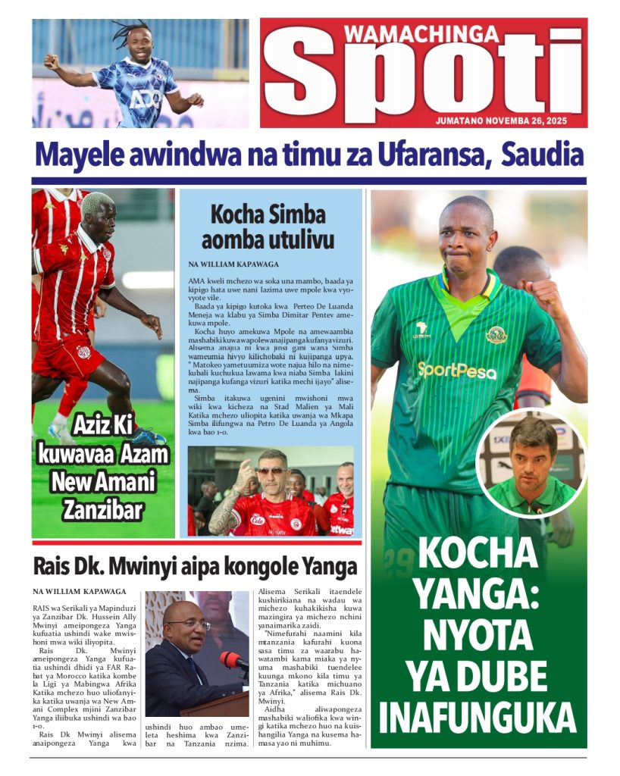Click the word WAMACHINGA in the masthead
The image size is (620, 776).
(x=421, y=33)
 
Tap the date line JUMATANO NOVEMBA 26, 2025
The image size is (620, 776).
(x=510, y=120)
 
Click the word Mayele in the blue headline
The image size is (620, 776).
(x=81, y=156)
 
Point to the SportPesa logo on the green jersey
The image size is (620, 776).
(x=457, y=370)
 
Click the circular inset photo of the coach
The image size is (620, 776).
(x=532, y=462)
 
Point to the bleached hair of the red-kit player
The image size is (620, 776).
(x=97, y=202)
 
